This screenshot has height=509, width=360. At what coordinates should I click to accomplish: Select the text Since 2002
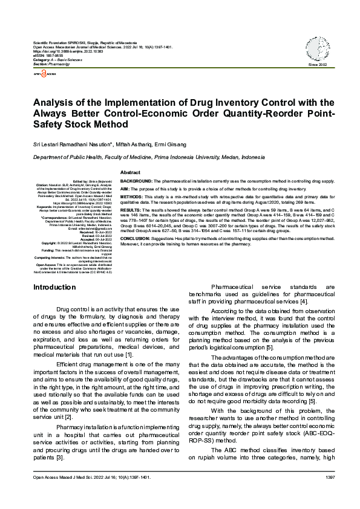coord(317,64)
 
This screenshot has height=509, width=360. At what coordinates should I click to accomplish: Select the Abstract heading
coord(131,173)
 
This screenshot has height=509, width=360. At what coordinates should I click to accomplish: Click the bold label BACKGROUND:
coord(136,181)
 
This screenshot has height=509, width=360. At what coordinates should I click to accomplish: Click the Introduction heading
coord(55,287)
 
